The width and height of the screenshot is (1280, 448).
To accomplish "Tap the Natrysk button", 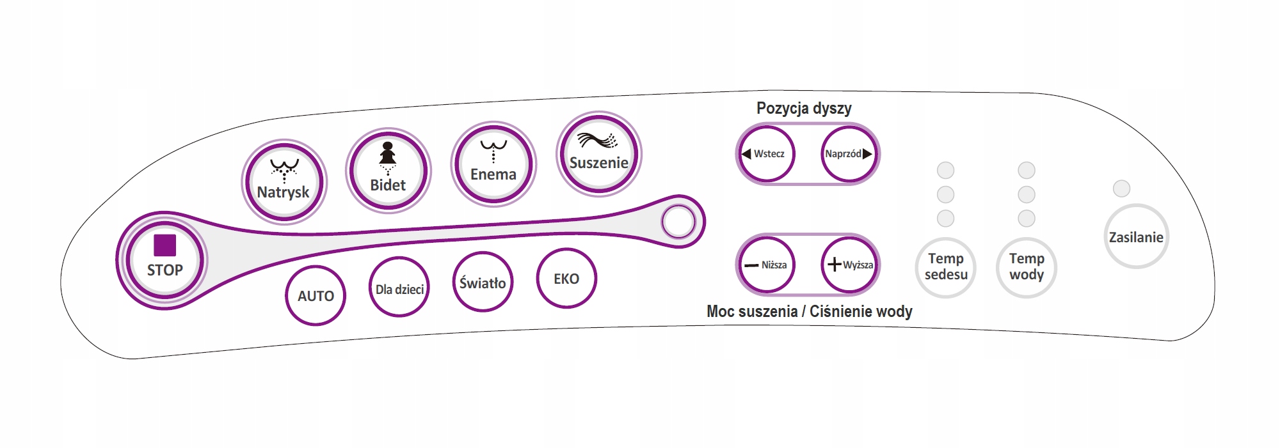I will coord(284,182).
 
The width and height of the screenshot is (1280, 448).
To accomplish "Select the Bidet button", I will coord(388,171).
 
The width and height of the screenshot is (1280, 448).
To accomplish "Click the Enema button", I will coord(493,164).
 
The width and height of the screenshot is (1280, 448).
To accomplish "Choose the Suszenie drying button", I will coord(599,154).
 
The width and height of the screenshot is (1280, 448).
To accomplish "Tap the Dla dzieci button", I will coord(399,287).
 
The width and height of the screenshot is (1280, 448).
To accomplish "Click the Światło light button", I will coord(483,282).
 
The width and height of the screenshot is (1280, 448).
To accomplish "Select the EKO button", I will coord(566,278).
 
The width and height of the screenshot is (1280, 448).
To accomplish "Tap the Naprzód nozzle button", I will coord(849,154).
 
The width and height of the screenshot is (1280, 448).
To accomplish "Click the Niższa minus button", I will coord(766,265).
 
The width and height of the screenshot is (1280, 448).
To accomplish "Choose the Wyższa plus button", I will coord(850,265).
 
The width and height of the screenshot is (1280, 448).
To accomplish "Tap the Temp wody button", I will coord(1027,267).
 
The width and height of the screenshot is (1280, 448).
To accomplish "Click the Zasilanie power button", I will coord(1136,236).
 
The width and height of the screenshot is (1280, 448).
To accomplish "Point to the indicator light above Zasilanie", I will coord(1121,189).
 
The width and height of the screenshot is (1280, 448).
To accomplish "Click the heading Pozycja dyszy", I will coord(804,108).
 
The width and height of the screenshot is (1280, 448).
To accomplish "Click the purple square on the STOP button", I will coord(164,245).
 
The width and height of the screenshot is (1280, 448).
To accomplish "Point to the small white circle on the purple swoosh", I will coord(678,222).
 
